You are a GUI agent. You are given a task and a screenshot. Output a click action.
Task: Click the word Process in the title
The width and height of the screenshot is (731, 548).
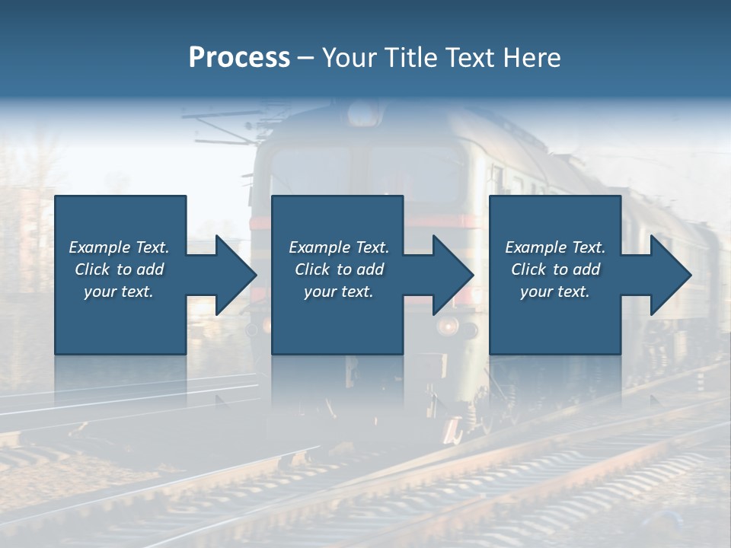(x=239, y=58)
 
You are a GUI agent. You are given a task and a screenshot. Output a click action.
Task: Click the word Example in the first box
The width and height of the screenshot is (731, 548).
(x=100, y=247)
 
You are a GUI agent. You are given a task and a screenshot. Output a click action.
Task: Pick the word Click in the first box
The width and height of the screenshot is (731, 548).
(x=93, y=269)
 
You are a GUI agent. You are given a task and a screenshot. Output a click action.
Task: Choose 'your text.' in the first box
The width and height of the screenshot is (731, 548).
(x=119, y=292)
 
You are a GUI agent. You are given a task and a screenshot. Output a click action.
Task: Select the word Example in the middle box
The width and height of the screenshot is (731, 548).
(x=320, y=247)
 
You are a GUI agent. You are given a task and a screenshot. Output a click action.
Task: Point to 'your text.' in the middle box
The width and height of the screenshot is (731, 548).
(x=339, y=292)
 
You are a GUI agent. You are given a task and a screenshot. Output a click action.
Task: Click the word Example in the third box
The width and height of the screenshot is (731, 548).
(x=536, y=247)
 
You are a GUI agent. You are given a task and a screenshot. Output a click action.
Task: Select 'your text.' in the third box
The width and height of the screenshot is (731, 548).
(x=555, y=292)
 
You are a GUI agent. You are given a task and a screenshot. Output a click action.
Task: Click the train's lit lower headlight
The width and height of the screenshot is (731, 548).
(x=448, y=327)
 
